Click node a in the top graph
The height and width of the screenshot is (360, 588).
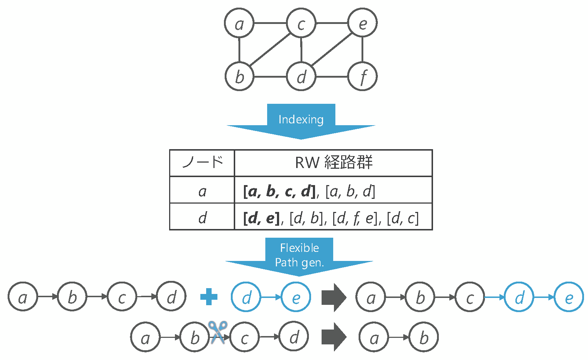click(x=239, y=23)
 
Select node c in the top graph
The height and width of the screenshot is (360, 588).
click(x=301, y=23)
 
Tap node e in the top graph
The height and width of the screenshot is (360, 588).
click(x=362, y=23)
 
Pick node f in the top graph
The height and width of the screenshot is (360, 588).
click(x=362, y=77)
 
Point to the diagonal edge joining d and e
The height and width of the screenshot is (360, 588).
click(x=331, y=50)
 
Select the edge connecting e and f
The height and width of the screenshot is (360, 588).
click(x=362, y=50)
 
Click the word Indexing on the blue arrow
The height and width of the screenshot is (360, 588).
click(x=301, y=119)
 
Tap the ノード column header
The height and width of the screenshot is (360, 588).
click(x=202, y=163)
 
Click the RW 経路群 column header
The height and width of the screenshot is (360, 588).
click(x=334, y=163)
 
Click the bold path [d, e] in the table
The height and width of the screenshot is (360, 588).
click(x=261, y=218)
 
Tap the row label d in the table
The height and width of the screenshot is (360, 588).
click(x=202, y=218)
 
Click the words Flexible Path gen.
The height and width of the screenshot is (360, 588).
click(x=299, y=255)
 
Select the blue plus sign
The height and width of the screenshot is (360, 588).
click(x=209, y=297)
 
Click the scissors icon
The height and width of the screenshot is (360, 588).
click(x=218, y=332)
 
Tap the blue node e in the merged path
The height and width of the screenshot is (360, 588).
click(x=568, y=297)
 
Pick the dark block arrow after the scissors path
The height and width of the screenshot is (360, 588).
click(x=334, y=337)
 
